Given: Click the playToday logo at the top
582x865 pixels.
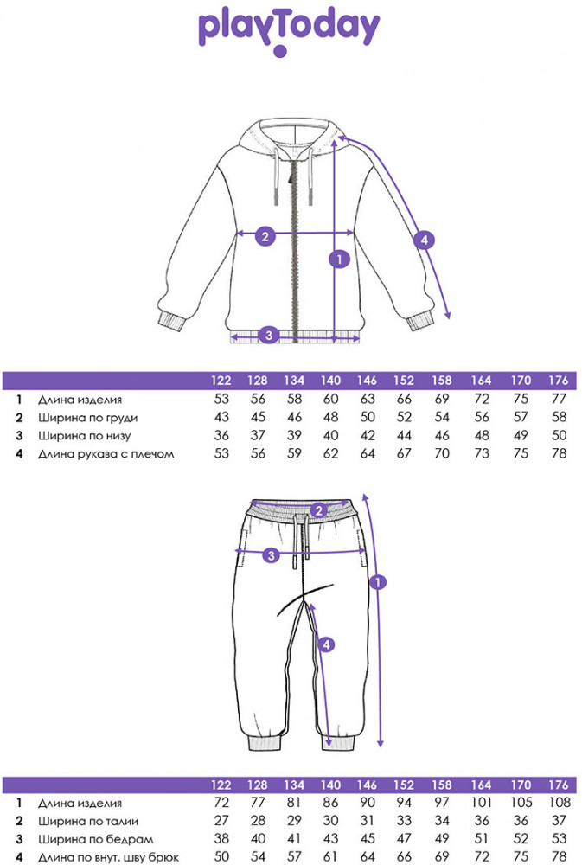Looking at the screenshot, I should click(x=290, y=30).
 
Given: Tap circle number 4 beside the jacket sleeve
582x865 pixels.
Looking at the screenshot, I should click(x=423, y=241).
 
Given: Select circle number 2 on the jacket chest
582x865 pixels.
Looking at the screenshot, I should click(x=265, y=234).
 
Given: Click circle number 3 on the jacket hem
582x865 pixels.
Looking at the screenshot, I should click(x=269, y=335).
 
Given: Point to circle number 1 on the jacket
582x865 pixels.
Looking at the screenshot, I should click(x=339, y=258).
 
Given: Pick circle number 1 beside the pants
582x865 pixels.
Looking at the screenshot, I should click(x=376, y=582).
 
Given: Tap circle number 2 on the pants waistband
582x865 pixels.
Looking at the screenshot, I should click(x=318, y=510).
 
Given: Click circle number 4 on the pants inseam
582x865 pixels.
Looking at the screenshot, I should click(x=325, y=644).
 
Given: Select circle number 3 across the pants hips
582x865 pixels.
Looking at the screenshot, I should click(x=271, y=554).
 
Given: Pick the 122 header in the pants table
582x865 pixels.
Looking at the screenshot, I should click(x=221, y=785).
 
